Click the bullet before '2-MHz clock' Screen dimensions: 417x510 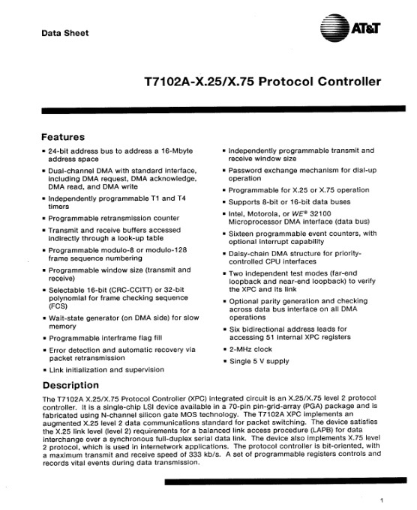click(224, 350)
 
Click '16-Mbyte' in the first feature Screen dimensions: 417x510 click(176, 151)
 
